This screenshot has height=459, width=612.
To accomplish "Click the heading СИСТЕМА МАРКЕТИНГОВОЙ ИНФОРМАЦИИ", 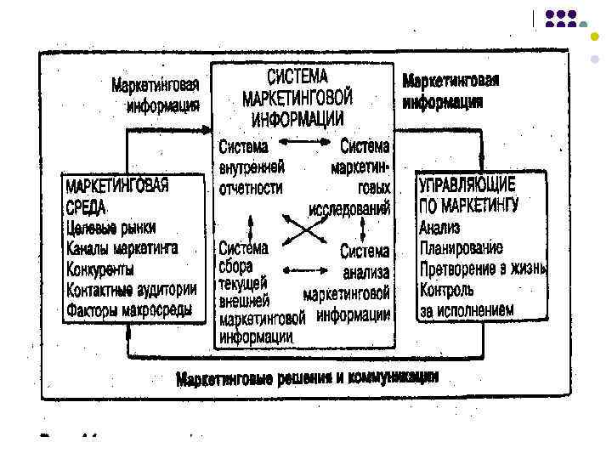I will pos(303,95).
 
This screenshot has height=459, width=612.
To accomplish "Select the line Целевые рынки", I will pos(110,229).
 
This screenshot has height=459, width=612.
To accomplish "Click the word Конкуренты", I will pos(99,269).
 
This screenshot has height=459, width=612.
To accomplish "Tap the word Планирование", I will pos(460,248).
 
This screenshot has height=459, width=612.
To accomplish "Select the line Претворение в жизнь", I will pos(481,269).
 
